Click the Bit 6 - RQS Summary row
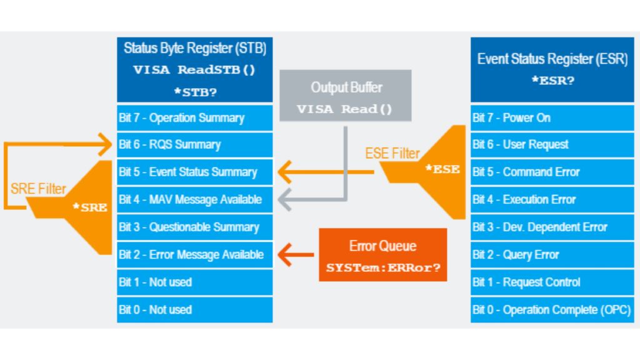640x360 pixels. pos(194,145)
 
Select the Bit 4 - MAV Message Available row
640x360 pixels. pos(194,200)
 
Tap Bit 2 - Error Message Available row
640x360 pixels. pos(194,255)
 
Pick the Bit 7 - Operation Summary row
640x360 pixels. pos(194,117)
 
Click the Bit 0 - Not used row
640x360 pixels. pos(194,309)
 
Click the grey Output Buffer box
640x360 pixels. pos(345,96)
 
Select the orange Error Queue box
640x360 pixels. pos(382,254)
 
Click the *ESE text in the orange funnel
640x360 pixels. pos(446,169)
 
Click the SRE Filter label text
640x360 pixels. pos(37,189)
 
